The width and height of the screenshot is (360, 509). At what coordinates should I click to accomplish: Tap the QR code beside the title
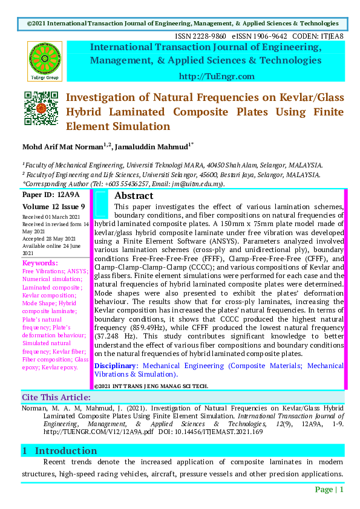[41, 108]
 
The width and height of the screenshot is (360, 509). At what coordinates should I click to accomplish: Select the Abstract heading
[134, 196]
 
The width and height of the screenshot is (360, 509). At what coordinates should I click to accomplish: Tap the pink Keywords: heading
[40, 263]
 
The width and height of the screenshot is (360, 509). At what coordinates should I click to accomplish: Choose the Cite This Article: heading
[56, 397]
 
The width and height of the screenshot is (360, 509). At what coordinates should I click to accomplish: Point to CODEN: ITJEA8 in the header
[318, 36]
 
